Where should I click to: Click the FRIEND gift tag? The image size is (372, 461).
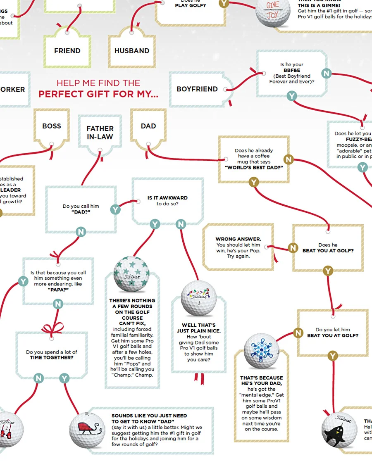(67, 51)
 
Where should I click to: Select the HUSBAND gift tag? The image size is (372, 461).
(132, 51)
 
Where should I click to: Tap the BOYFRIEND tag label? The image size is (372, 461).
(197, 89)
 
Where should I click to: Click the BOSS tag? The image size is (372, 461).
(52, 126)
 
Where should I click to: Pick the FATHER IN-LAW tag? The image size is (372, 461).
(100, 133)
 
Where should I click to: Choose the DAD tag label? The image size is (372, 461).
(148, 126)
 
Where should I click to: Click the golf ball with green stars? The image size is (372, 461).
(131, 274)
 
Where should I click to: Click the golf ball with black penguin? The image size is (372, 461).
(339, 430)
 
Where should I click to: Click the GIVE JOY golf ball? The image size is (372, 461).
(273, 11)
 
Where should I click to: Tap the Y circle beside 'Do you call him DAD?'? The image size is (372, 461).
(115, 209)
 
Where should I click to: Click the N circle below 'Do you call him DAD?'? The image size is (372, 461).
(81, 232)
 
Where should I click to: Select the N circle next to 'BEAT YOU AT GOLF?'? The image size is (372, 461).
(293, 248)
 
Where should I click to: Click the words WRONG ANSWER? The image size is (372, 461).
(238, 239)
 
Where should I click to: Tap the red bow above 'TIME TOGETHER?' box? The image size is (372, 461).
(52, 328)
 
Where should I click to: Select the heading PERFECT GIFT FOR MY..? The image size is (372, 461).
(98, 94)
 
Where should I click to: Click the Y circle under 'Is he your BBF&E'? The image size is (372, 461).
(292, 96)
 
